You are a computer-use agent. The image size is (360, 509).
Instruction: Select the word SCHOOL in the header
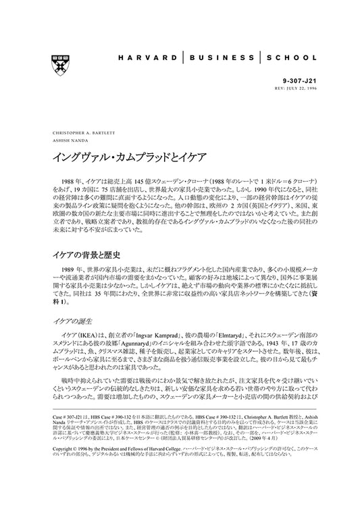point(290,58)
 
